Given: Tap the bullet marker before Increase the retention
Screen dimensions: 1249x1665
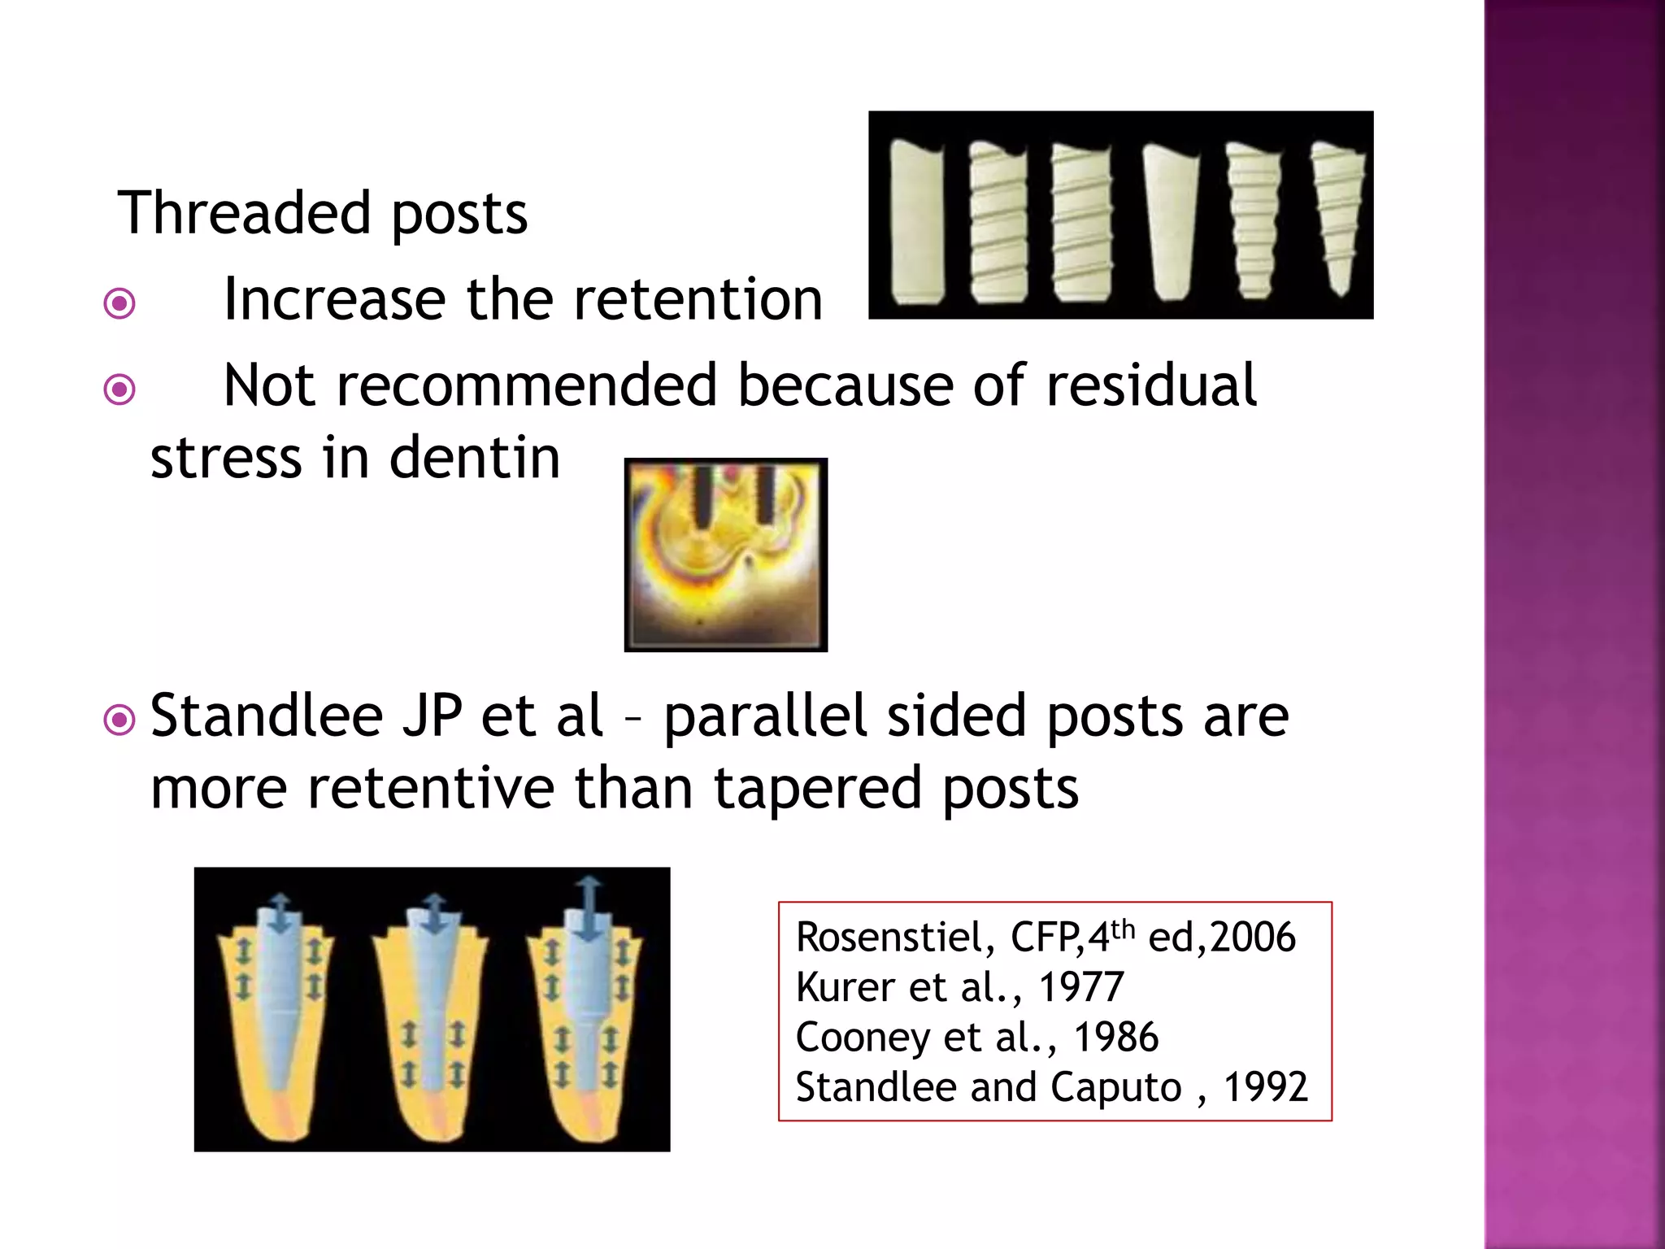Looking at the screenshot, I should tap(120, 304).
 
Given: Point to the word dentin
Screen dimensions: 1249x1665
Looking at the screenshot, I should tap(475, 457).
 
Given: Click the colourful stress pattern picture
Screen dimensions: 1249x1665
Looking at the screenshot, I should tap(725, 555).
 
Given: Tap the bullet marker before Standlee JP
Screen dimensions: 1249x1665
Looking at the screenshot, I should tap(120, 720).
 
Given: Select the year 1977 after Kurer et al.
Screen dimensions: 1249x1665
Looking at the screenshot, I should tap(1081, 987).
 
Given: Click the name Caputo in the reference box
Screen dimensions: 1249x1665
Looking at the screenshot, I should tap(1115, 1087).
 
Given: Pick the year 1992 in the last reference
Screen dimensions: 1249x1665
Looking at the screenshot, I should tap(1266, 1087).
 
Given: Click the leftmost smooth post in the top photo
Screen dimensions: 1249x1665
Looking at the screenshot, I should tap(917, 221).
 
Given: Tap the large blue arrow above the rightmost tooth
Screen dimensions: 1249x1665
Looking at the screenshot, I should tap(588, 909).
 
